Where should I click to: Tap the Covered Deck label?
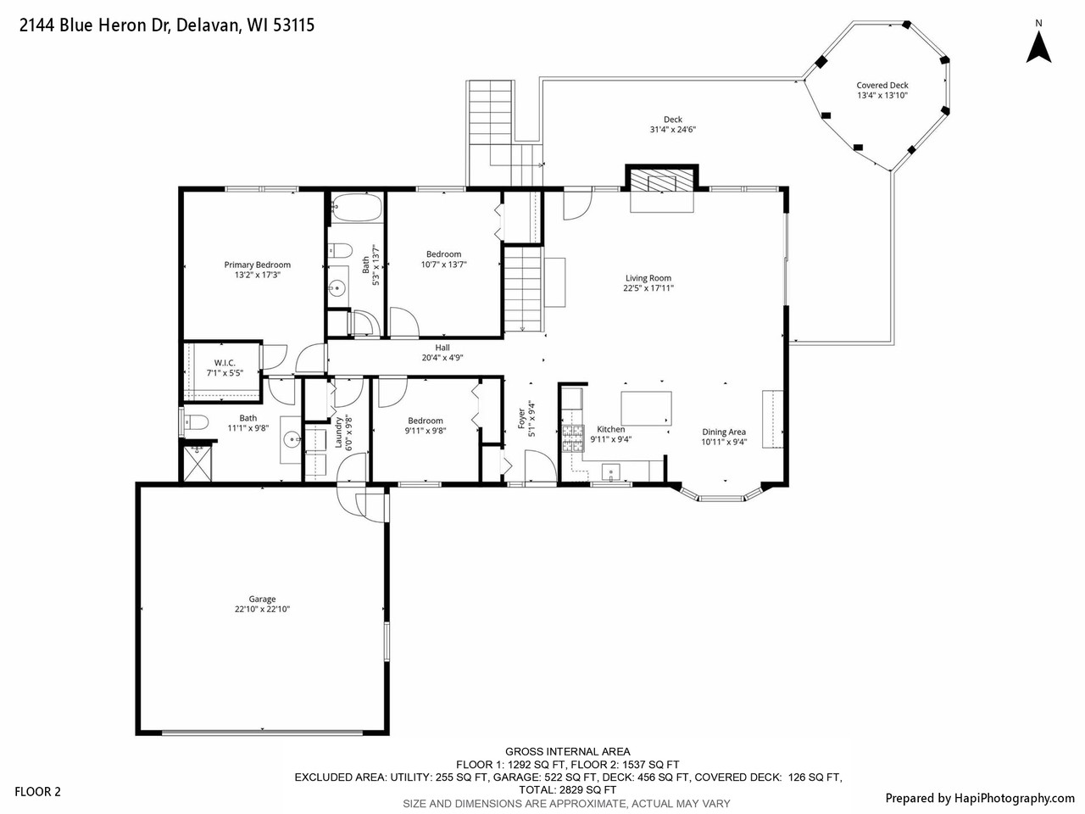tap(882, 86)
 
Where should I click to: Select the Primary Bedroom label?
tap(257, 265)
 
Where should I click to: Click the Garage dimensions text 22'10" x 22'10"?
tap(262, 609)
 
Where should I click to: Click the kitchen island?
tap(647, 408)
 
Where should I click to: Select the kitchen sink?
tap(612, 471)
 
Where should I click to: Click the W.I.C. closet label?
tap(225, 363)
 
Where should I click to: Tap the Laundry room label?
tap(338, 432)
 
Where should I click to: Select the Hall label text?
tap(442, 348)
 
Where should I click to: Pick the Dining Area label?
tap(723, 432)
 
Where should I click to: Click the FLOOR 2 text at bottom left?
tap(38, 793)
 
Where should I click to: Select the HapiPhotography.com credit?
tap(979, 798)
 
